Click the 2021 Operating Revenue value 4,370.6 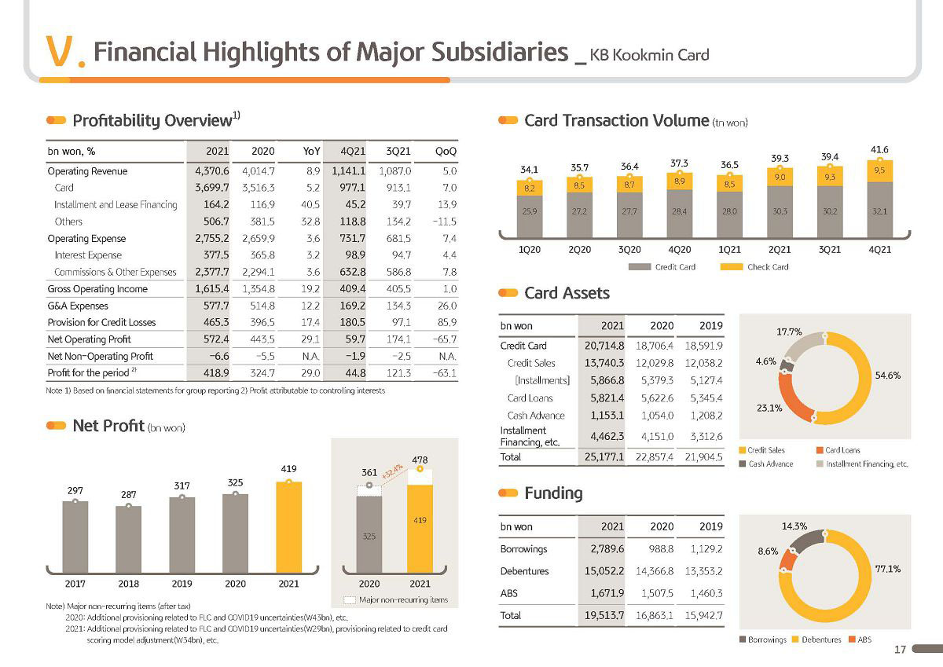click(x=211, y=171)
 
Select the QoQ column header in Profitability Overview click(x=446, y=151)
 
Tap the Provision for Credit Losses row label click(x=101, y=322)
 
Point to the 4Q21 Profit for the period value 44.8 click(x=355, y=373)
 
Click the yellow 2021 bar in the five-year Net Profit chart click(x=289, y=527)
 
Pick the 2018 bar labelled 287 click(x=128, y=539)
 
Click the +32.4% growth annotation click(x=392, y=471)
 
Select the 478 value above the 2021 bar click(x=420, y=460)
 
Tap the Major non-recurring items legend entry click(x=396, y=599)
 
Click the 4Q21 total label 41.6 click(x=879, y=150)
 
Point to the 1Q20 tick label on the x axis click(x=529, y=250)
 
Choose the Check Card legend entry click(x=754, y=267)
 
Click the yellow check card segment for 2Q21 click(x=780, y=178)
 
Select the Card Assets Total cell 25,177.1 click(x=604, y=457)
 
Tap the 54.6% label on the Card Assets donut click(x=888, y=376)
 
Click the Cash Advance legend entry click(x=766, y=464)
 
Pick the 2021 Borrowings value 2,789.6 click(x=607, y=549)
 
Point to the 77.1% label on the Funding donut click(x=888, y=569)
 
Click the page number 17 click(x=900, y=650)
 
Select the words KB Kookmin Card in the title click(x=650, y=55)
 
